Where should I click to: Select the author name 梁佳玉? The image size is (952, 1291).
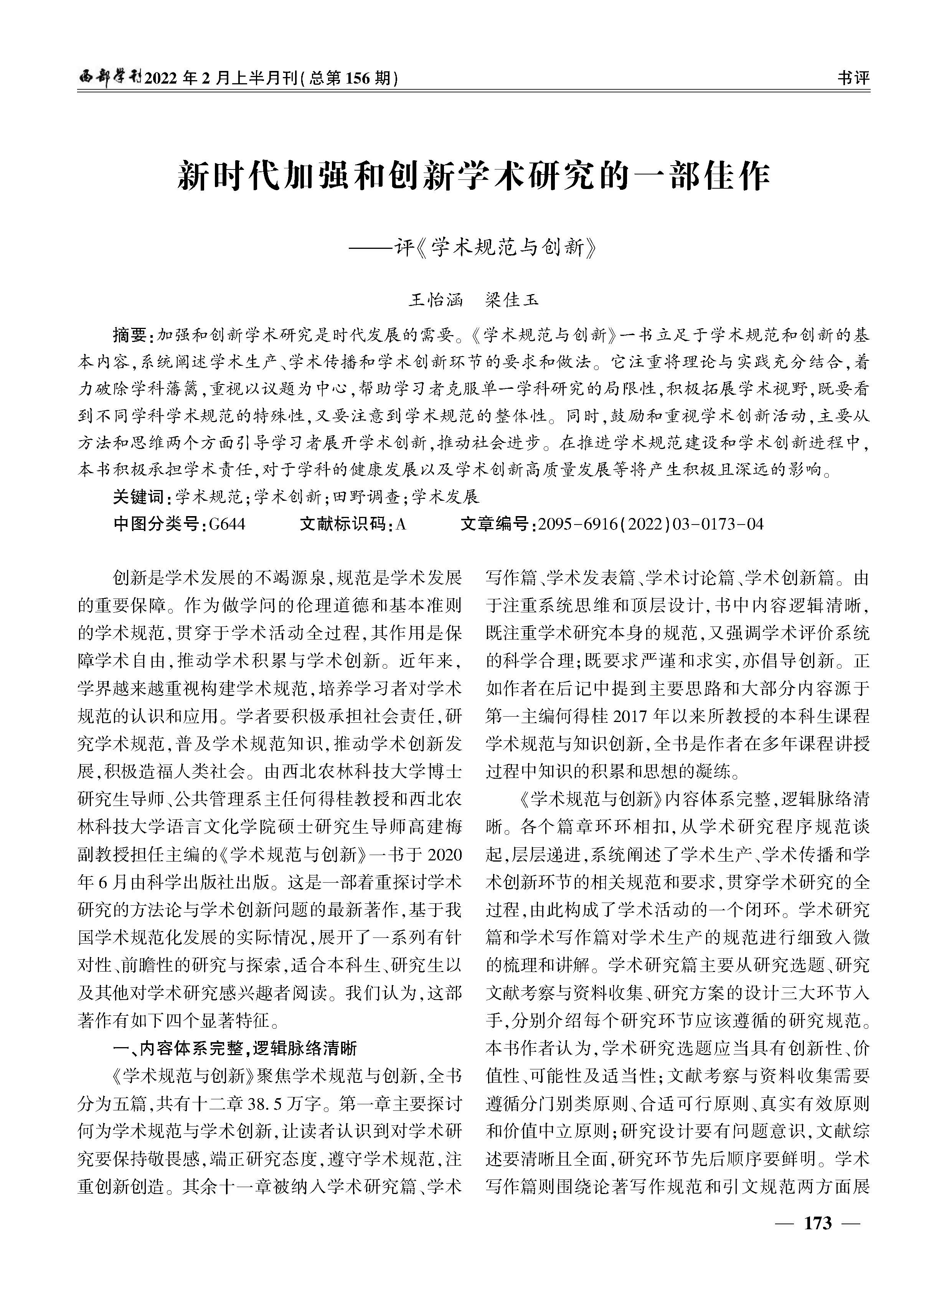(x=512, y=300)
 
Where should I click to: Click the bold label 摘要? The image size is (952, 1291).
(x=131, y=335)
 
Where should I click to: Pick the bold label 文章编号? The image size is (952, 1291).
(x=497, y=524)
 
